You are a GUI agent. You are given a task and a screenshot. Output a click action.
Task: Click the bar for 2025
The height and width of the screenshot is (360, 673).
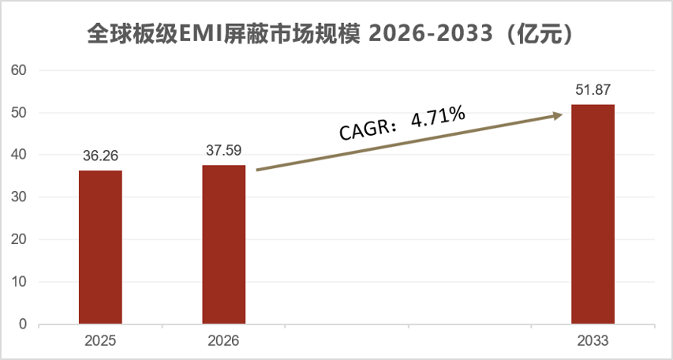point(100,247)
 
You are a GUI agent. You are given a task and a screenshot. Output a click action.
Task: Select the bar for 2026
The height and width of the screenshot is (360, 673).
point(224,245)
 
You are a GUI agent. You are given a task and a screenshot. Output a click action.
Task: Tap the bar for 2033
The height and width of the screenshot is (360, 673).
point(593,214)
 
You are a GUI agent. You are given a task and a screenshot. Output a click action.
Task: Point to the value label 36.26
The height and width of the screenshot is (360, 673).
point(100,156)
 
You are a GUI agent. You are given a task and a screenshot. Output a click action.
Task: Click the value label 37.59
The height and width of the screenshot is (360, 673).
point(224,150)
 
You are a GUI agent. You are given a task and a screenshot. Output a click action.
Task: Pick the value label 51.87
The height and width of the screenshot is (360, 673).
point(593,89)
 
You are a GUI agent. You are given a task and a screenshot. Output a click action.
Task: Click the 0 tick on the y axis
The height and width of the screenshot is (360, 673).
point(23,324)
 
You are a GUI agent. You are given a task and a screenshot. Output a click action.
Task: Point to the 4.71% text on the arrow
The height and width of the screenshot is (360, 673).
point(434,118)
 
